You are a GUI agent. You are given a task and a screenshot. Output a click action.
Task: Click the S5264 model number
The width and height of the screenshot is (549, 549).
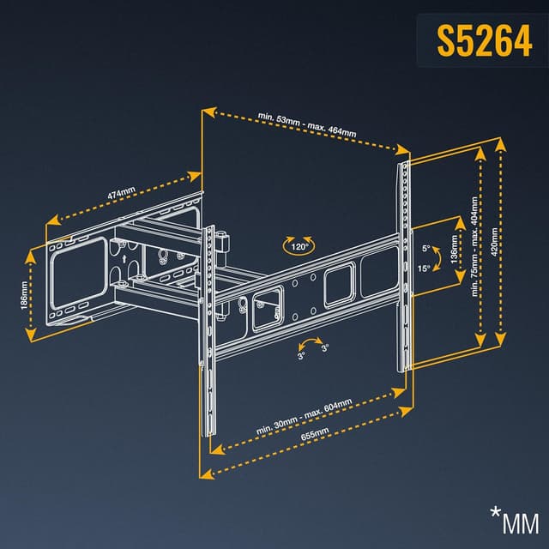click(483, 40)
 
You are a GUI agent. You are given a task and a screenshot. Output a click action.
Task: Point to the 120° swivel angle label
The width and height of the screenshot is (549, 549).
click(299, 247)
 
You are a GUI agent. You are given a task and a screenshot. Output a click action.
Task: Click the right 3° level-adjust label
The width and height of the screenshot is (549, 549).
click(325, 348)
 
